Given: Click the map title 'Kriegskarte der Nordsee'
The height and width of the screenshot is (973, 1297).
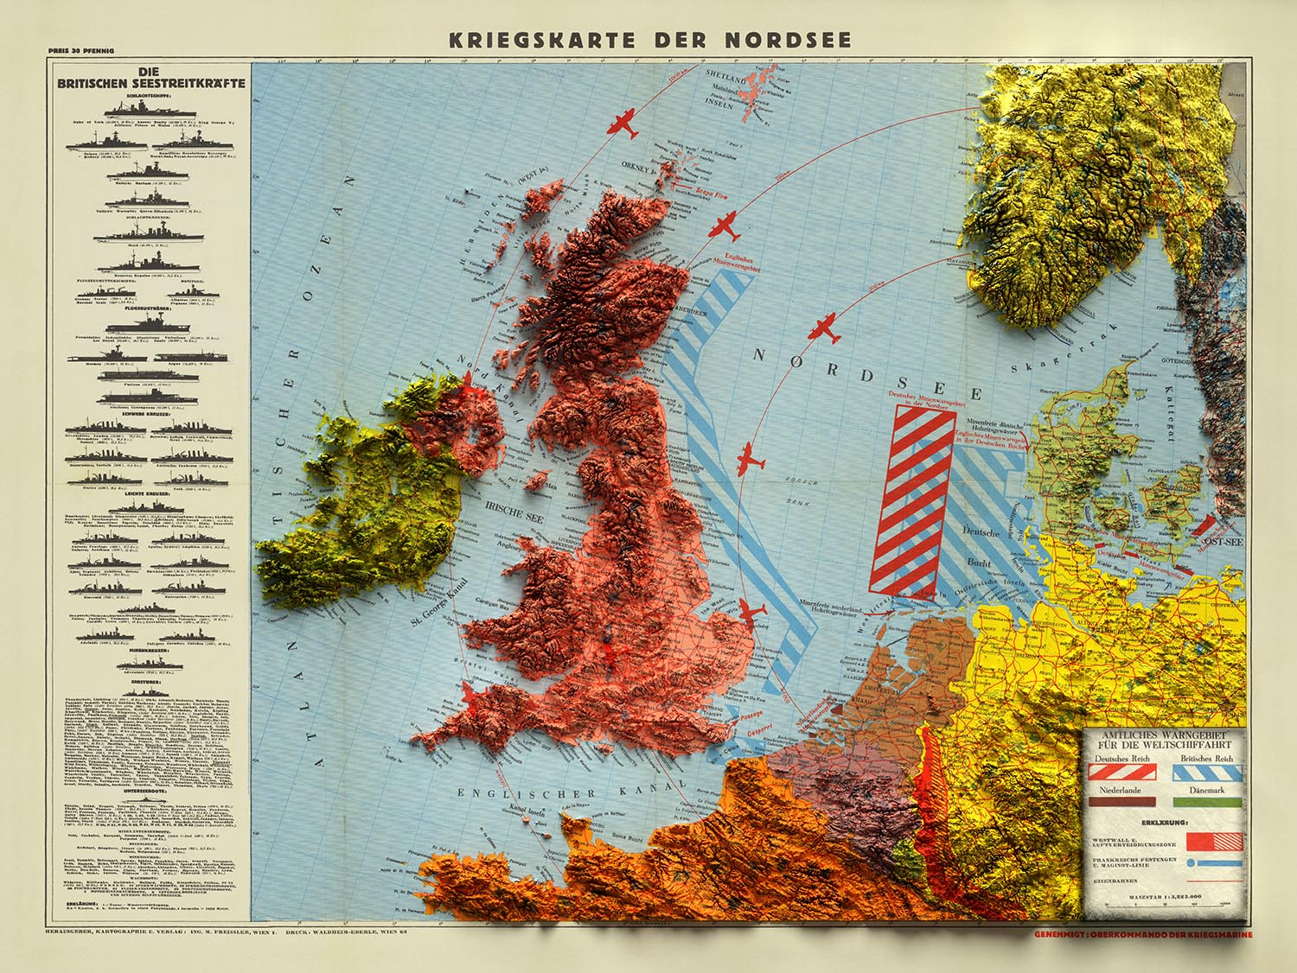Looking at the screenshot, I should (649, 40).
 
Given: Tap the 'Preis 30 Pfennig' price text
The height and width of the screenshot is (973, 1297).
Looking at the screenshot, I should (77, 62).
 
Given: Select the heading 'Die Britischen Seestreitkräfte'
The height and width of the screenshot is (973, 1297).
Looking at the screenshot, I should (150, 79).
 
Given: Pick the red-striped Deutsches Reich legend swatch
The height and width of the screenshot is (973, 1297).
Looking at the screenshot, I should (1123, 773).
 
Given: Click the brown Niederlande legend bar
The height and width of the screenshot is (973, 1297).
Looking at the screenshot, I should (1123, 801).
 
